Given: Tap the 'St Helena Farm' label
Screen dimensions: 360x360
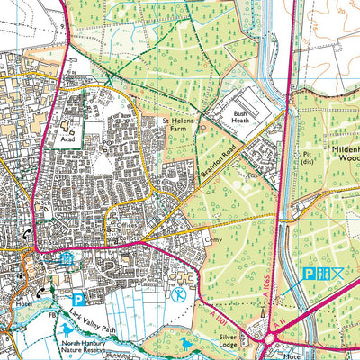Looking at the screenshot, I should tap(177, 124).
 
